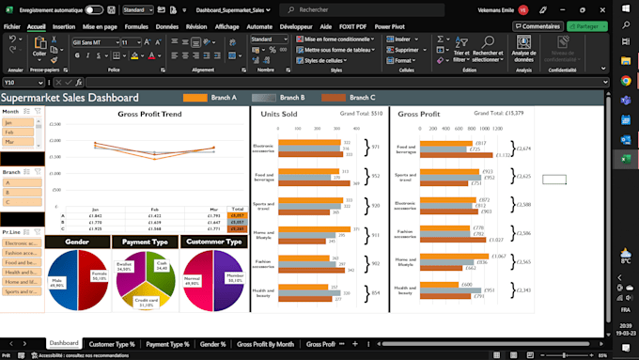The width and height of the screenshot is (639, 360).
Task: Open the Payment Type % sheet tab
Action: coord(168,344)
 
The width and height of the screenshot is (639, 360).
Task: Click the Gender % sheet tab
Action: coord(212,344)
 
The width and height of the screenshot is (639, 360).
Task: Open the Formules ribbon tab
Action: coord(136,27)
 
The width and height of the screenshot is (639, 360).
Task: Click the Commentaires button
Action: coord(534,26)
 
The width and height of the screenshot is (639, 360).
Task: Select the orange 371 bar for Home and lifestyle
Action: coord(314,228)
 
